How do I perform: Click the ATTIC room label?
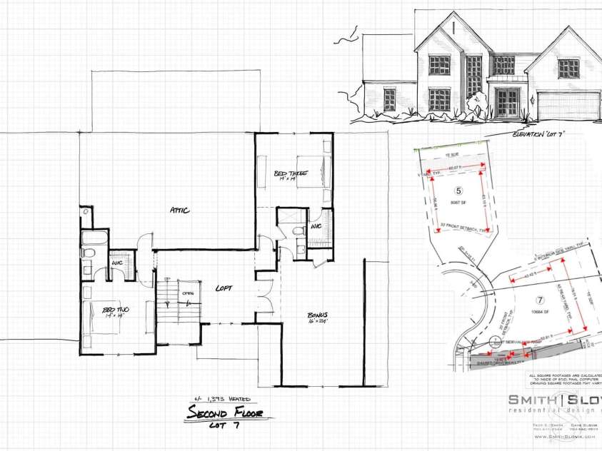pos(179,210)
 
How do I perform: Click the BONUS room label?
pos(318,315)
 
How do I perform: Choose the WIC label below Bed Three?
pos(316,228)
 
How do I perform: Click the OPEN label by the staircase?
pos(189,292)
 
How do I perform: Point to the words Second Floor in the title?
pos(224,412)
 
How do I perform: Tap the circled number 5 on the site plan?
pos(459,191)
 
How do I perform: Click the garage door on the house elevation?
pos(562,106)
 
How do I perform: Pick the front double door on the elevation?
pos(508,103)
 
